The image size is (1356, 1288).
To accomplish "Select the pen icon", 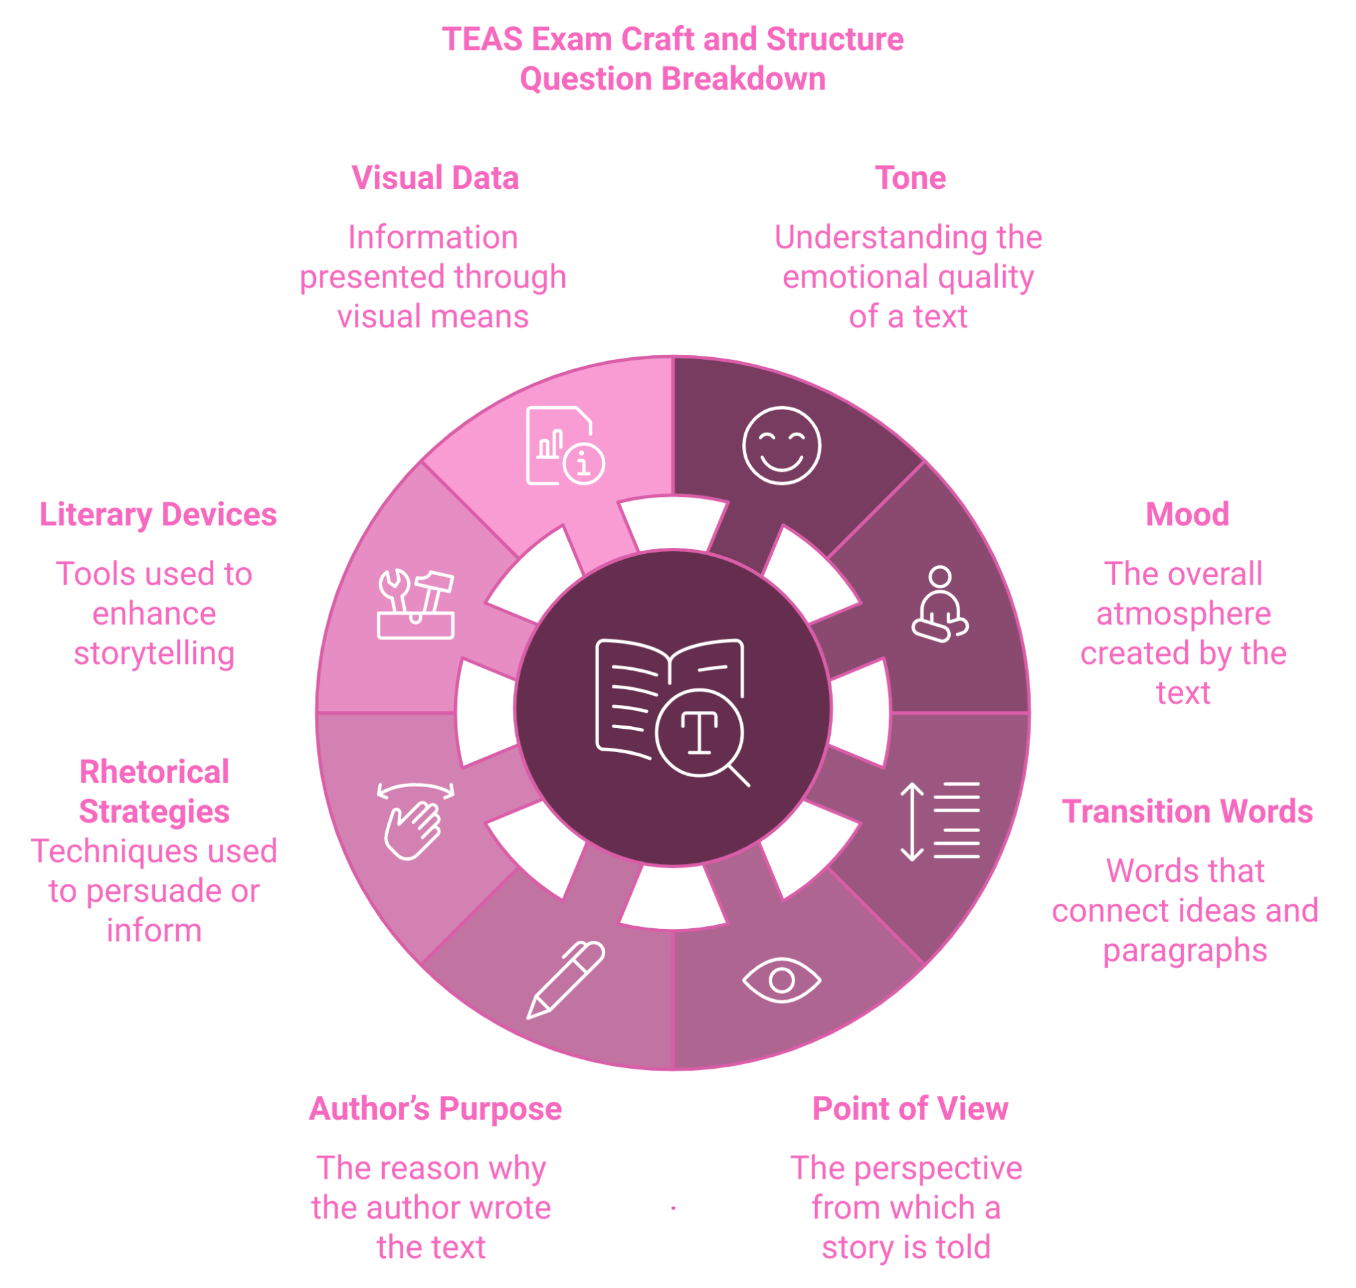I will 565,980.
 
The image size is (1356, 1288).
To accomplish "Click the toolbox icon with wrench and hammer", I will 416,605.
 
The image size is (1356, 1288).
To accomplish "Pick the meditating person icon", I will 940,605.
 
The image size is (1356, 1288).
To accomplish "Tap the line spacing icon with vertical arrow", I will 940,821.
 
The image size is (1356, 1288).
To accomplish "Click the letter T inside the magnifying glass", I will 699,732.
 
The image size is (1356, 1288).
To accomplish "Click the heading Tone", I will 910,178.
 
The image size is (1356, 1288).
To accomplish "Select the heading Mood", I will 1186,514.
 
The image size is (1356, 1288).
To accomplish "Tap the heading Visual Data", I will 434,178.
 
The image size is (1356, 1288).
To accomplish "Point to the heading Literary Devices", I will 158,514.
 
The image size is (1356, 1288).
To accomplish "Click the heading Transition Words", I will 1186,811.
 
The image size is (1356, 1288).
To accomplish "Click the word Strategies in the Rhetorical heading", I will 154,812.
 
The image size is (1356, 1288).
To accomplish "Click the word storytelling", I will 154,653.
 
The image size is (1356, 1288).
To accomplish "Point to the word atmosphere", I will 1183,613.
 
